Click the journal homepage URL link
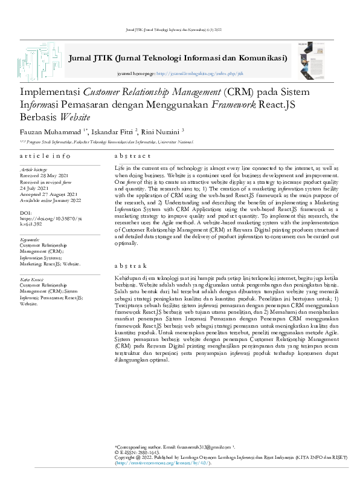(191, 73)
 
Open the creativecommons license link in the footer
(162, 462)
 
